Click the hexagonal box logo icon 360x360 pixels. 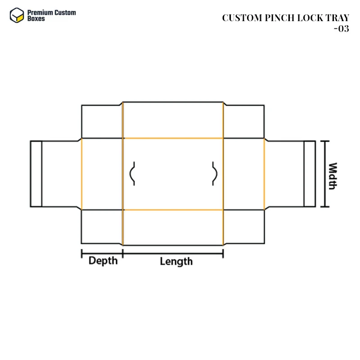click(17, 15)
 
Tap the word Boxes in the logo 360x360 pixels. click(36, 18)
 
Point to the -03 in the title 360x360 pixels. click(342, 29)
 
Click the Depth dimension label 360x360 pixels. click(103, 261)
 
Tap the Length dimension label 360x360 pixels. click(176, 261)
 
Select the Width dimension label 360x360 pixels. click(333, 176)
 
